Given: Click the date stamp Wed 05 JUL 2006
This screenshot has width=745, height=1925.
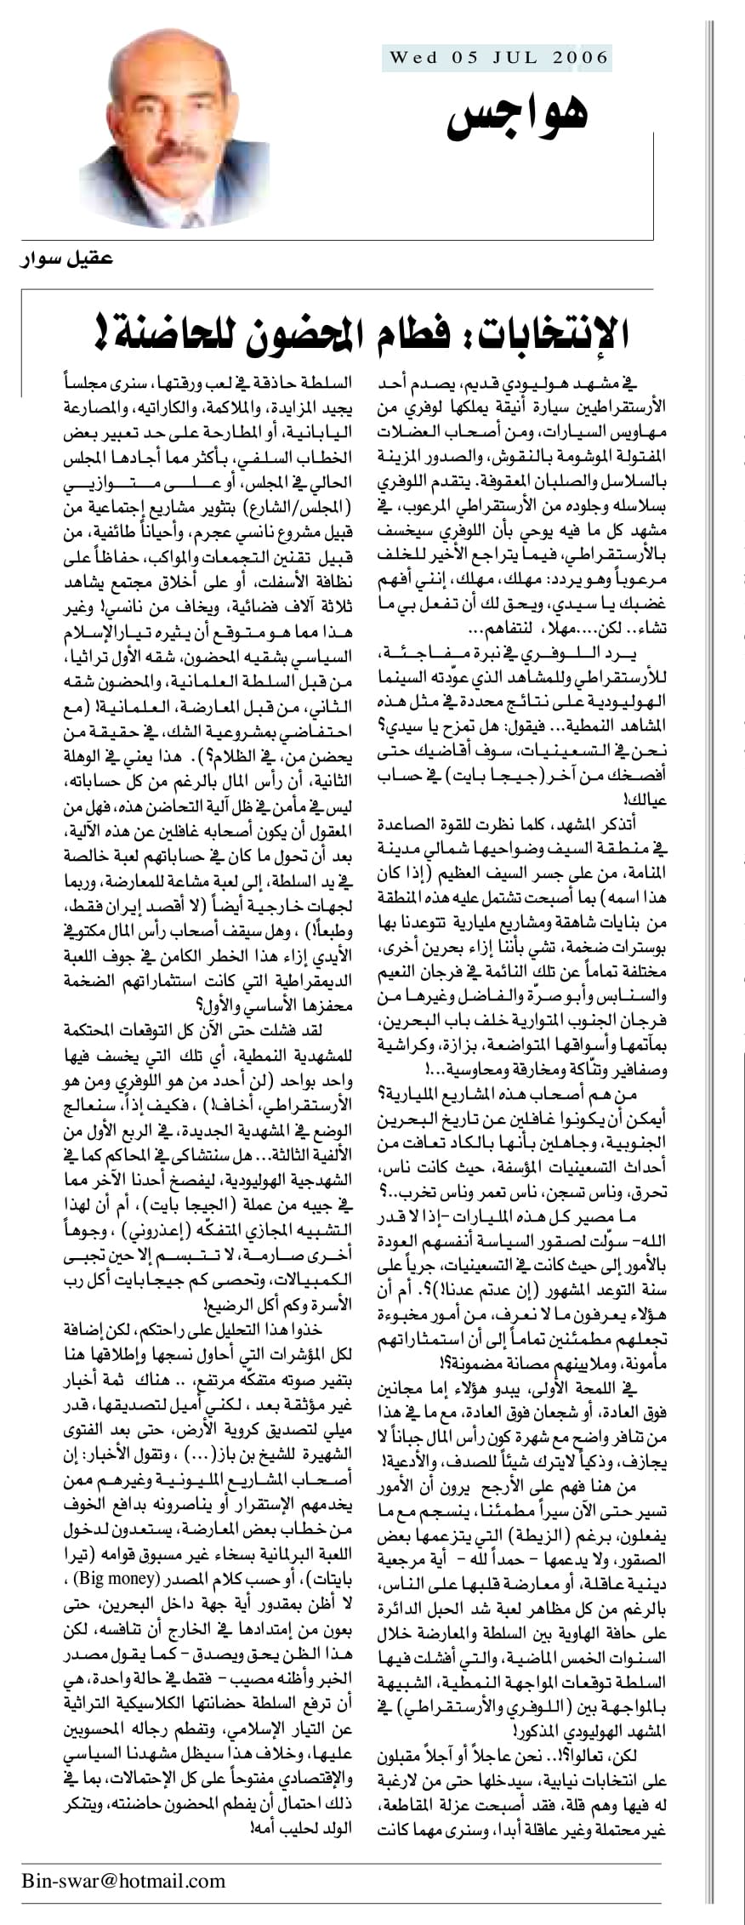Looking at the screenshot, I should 499,58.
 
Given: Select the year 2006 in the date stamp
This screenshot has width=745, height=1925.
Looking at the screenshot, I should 581,58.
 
